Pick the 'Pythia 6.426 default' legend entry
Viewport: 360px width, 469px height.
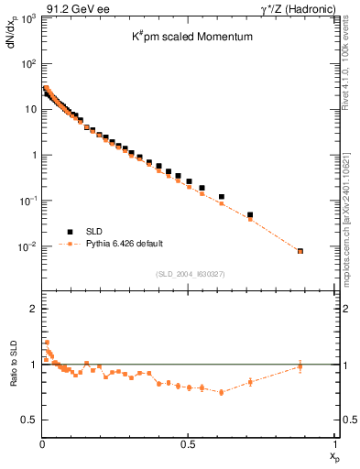125,244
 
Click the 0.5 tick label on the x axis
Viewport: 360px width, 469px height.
188,443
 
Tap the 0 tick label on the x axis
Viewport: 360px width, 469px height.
42,443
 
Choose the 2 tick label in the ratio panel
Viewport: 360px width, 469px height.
33,310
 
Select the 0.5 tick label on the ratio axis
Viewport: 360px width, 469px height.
29,420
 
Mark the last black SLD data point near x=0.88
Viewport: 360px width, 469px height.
300,250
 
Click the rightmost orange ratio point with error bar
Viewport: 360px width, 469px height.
300,366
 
